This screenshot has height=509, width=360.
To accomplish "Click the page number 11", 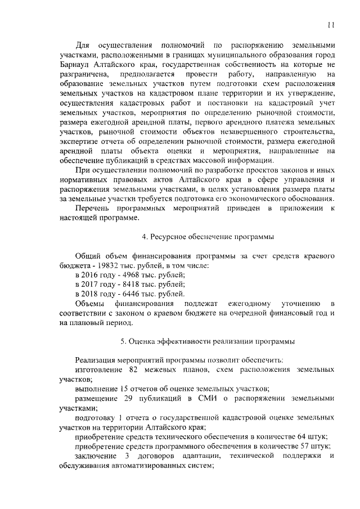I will click(331, 24).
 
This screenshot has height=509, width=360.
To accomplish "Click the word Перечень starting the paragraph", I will click(94, 209).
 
